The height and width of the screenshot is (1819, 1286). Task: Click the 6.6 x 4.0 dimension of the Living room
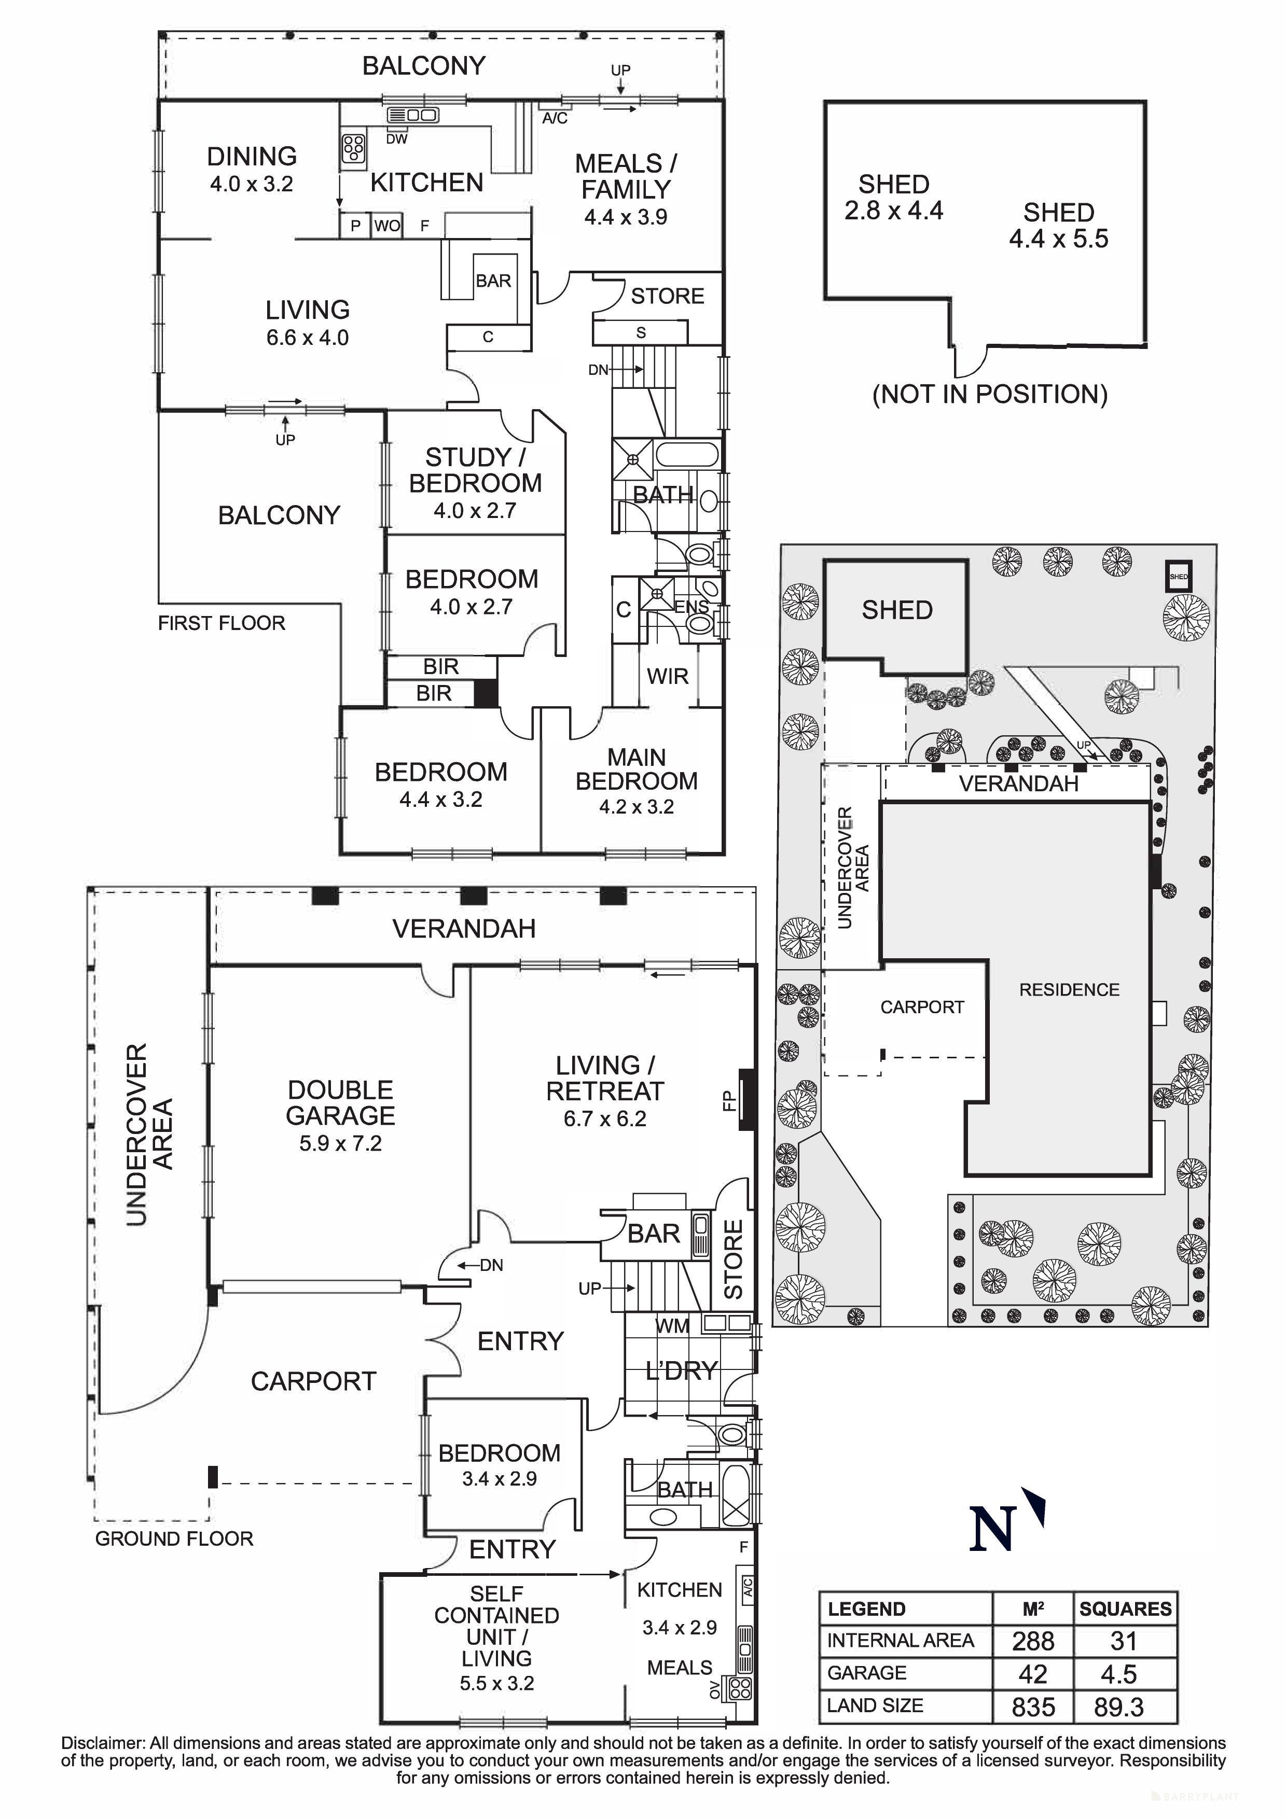308,338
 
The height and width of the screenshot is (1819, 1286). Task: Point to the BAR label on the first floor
493,281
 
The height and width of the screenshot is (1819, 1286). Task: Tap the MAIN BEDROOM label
637,769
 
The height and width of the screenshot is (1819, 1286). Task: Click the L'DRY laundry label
682,1370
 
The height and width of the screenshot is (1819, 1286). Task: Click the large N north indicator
993,1530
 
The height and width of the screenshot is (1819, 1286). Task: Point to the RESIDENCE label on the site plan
1069,989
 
